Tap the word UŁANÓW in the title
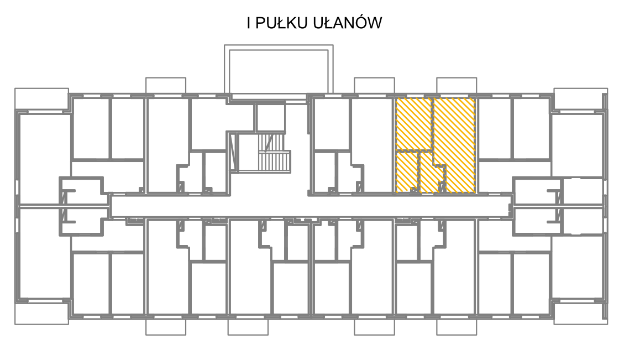coord(348,23)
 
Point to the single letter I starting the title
coord(249,23)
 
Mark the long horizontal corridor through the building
coord(311,206)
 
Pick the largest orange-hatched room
coord(454,134)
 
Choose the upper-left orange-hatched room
coord(413,124)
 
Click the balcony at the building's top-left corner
coord(41,99)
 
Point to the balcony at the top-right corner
coord(580,99)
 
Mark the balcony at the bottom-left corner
coord(41,314)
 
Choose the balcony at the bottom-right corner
coord(580,314)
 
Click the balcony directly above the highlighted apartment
coord(457,86)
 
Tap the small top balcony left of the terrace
coord(166,86)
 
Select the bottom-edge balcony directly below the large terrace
coord(248,327)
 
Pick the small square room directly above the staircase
coord(270,117)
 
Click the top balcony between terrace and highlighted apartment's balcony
coord(374,86)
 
